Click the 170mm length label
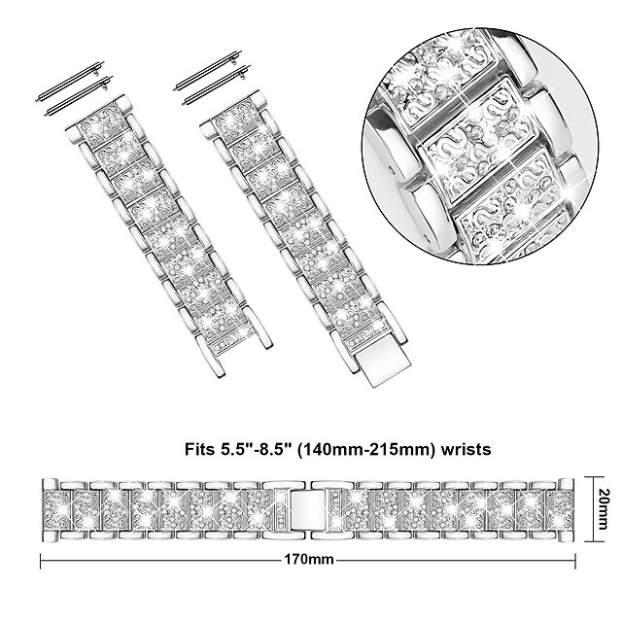tap(309, 560)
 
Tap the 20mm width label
tap(603, 509)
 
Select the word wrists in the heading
tap(466, 449)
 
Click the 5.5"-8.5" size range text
tap(255, 449)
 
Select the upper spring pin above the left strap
tap(69, 82)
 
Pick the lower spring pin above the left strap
tap(79, 95)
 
